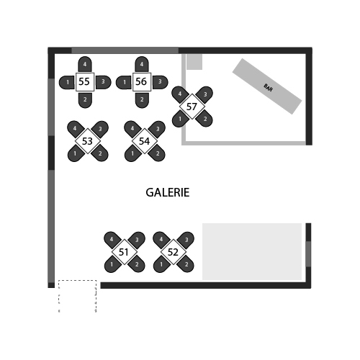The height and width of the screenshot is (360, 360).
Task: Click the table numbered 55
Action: click(x=85, y=82)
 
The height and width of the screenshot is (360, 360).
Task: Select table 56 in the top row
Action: click(x=142, y=82)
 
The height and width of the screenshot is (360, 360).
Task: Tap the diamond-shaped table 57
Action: click(x=192, y=107)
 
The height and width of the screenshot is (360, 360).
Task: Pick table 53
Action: click(x=88, y=141)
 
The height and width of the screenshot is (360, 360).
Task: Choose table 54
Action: click(x=145, y=141)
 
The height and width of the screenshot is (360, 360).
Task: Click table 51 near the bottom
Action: click(x=125, y=252)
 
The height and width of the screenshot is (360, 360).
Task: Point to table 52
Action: click(x=174, y=252)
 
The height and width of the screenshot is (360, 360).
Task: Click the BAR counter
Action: click(x=267, y=86)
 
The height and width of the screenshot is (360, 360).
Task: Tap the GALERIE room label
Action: click(x=168, y=192)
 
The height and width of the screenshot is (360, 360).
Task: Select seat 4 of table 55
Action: click(x=85, y=64)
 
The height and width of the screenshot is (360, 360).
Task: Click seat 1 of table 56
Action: click(x=125, y=82)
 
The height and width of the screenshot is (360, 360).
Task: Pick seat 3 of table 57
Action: click(x=204, y=94)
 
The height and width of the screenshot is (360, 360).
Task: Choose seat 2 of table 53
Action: click(x=99, y=153)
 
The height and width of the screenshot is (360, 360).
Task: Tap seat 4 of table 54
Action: click(x=132, y=129)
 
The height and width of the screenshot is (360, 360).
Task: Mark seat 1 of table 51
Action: click(x=112, y=264)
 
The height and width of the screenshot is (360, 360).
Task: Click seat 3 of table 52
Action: click(x=186, y=240)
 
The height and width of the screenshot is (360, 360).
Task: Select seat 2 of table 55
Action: click(x=85, y=100)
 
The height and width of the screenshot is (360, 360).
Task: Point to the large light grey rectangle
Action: click(x=252, y=251)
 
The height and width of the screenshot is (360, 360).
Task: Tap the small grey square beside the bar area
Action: click(x=194, y=62)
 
